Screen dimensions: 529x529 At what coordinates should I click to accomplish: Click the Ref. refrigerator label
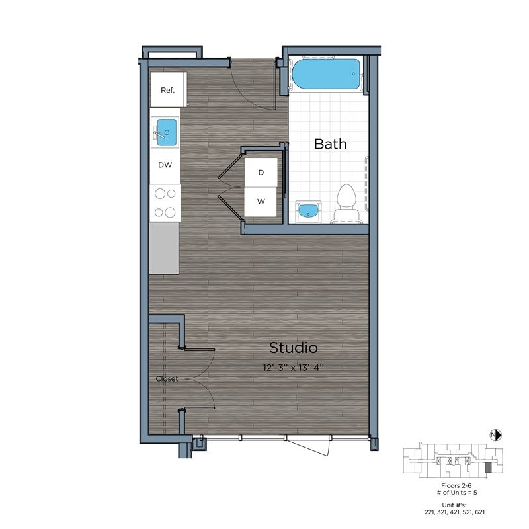coord(167,90)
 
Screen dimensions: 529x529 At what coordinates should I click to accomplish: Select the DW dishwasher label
coord(165,165)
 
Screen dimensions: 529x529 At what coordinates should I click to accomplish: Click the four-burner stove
coord(165,202)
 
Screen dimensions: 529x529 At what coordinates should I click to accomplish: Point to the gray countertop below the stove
coord(164,247)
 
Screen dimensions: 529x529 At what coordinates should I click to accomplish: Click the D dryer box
coord(261,173)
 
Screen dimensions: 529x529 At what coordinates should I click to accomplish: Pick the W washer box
coord(261,202)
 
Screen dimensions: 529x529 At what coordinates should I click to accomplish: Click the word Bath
coord(330,143)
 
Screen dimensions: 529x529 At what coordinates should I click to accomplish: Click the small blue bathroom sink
coord(307,210)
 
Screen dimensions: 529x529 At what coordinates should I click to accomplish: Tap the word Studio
coord(293,348)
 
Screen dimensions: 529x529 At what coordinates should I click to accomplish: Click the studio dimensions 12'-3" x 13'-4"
coord(293,366)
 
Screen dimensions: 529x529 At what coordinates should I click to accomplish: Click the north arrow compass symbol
coord(496,434)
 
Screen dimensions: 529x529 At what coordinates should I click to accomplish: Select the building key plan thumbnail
coord(453,460)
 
